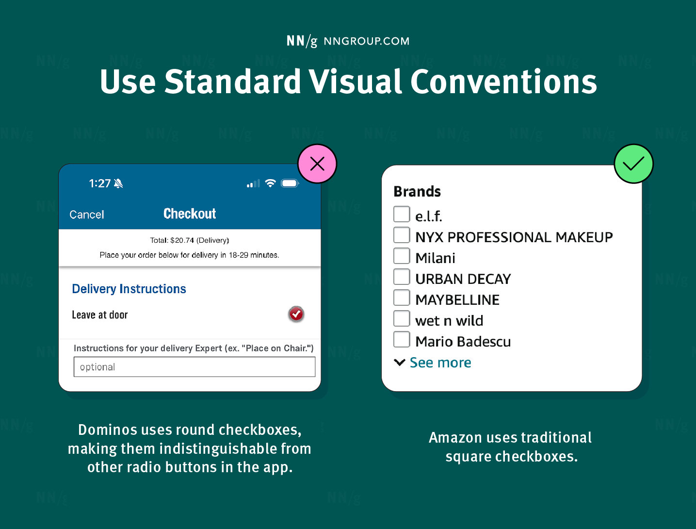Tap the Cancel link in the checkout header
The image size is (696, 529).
coord(86,215)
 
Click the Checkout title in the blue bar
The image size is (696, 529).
coord(190,214)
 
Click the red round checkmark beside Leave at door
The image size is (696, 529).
coord(296,314)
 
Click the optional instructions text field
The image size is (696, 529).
coord(194,367)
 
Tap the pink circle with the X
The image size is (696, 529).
coord(317,164)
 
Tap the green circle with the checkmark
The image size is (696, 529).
coord(633,164)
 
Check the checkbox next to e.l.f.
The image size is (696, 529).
coord(402,214)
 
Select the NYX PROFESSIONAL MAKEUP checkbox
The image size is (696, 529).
coord(402,235)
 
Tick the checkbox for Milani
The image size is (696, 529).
coord(402,256)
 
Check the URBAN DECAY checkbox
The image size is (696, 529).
coord(402,277)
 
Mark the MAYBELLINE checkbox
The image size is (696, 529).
coord(402,298)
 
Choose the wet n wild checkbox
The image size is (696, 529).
coord(402,319)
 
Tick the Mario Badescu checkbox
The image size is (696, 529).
coord(402,340)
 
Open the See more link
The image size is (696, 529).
coord(440,363)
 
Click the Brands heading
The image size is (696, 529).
coord(417,192)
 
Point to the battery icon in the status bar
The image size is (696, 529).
coord(290,183)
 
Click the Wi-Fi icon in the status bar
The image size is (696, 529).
coord(271,183)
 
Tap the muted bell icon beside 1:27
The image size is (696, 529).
coord(118,183)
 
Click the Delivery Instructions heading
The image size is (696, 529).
coord(129,289)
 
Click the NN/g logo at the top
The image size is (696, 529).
coord(302,41)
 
